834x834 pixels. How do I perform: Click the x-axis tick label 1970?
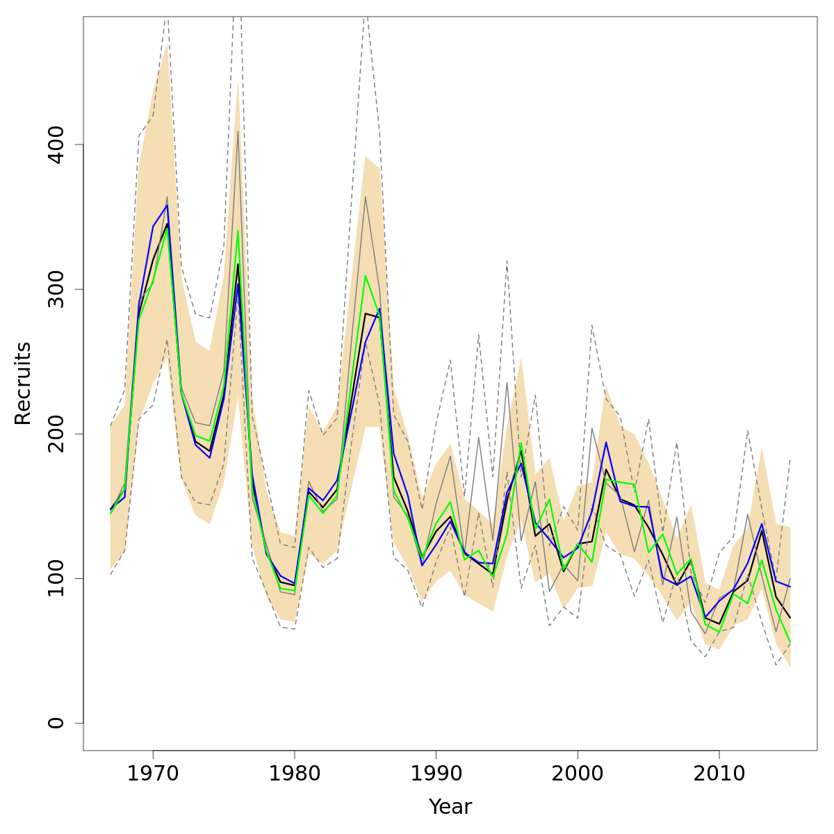click(153, 772)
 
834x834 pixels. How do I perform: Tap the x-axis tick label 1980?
click(294, 772)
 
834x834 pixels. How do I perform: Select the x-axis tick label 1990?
click(436, 772)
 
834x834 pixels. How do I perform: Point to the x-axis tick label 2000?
click(577, 772)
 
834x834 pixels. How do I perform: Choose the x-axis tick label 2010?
click(719, 772)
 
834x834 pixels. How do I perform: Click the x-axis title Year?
click(450, 807)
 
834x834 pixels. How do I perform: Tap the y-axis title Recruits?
click(24, 383)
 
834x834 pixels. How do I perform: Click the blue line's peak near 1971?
click(167, 205)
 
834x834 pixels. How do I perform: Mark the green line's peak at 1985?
click(366, 276)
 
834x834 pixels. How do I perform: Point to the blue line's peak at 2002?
click(605, 442)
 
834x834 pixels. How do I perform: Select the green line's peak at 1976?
click(238, 231)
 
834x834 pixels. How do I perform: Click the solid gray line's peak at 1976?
click(238, 131)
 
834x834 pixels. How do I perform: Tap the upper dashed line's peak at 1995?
click(507, 261)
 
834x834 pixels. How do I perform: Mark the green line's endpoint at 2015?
click(790, 641)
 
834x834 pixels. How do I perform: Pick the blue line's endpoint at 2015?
click(790, 587)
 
